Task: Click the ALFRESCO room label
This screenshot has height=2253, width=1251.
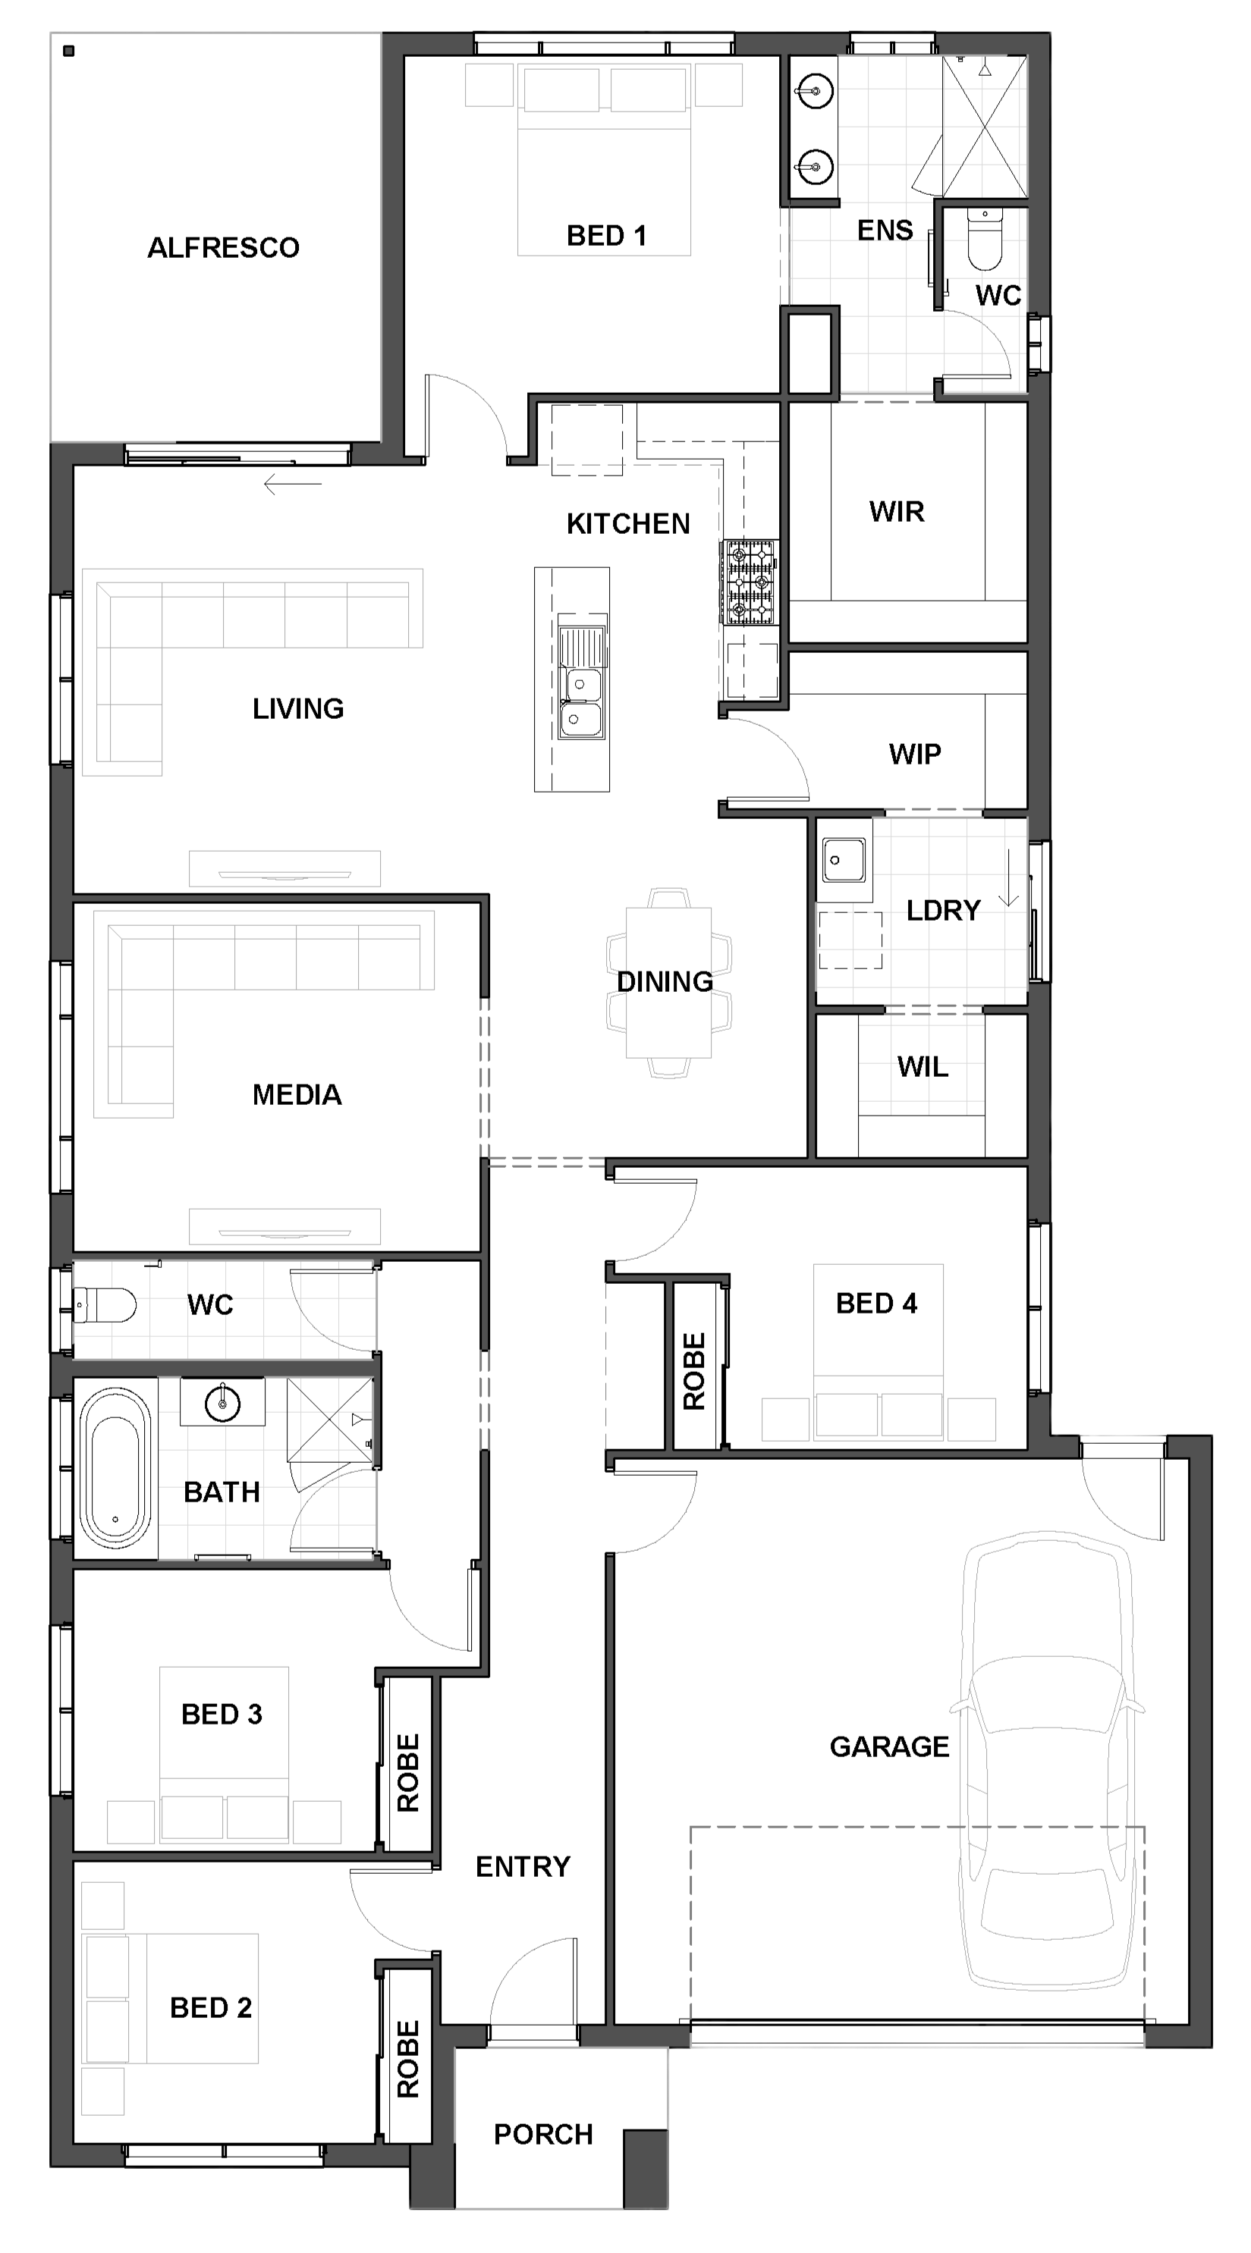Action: pyautogui.click(x=223, y=247)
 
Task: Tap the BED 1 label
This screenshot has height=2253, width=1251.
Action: pyautogui.click(x=606, y=235)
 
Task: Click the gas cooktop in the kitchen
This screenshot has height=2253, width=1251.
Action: pyautogui.click(x=749, y=582)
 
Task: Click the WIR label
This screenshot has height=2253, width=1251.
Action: pyautogui.click(x=897, y=512)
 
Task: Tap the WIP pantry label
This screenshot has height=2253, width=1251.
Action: pyautogui.click(x=915, y=754)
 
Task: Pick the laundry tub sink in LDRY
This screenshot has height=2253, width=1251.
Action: pyautogui.click(x=844, y=860)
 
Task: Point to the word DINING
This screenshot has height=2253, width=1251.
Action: pyautogui.click(x=665, y=981)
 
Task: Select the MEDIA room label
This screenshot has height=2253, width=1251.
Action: pyautogui.click(x=297, y=1094)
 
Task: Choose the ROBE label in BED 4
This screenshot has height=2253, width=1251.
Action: pyautogui.click(x=693, y=1371)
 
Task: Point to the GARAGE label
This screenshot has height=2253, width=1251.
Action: pyautogui.click(x=889, y=1746)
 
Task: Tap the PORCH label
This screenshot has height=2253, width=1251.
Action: pyautogui.click(x=543, y=2134)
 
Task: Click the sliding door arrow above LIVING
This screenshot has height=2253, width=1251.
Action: pyautogui.click(x=292, y=484)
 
